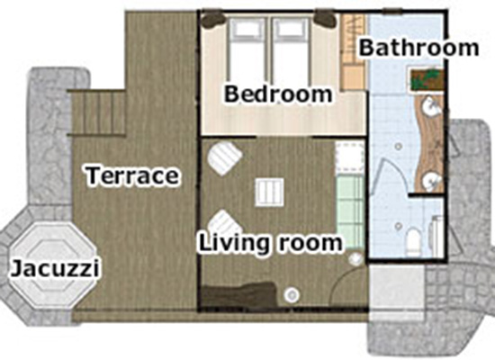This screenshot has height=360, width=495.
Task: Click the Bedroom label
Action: [278, 94]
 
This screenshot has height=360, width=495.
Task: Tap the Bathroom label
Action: [418, 48]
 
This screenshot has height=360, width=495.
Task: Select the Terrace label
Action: [132, 175]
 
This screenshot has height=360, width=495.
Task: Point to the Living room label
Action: [271, 244]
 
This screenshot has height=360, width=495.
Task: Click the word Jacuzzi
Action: [55, 269]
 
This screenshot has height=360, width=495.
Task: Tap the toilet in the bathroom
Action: [414, 241]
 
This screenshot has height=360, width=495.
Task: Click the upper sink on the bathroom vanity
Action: [431, 105]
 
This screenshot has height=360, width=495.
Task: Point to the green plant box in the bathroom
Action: [427, 79]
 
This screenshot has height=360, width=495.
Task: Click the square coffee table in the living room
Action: [269, 193]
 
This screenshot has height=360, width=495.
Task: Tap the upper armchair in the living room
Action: [224, 157]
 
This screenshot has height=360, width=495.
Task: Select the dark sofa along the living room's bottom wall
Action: [238, 295]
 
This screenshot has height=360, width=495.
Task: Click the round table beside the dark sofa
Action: [292, 295]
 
